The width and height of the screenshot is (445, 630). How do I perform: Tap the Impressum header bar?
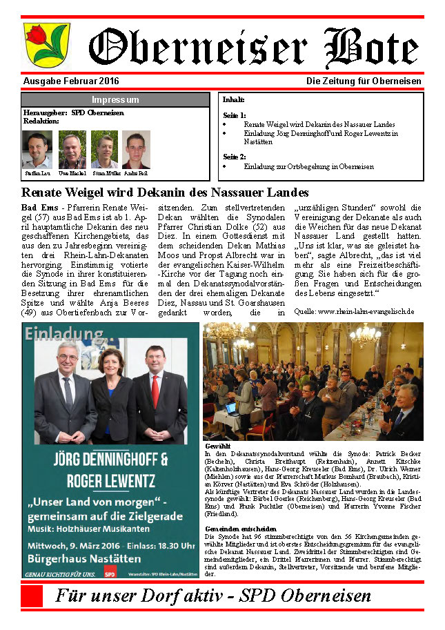[x=115, y=99]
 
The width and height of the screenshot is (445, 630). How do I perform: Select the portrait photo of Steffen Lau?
[x=37, y=150]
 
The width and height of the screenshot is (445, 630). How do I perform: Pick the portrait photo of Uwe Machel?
[x=72, y=150]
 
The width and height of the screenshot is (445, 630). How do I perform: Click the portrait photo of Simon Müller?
[x=104, y=150]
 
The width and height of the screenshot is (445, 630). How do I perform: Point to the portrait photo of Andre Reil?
[x=136, y=150]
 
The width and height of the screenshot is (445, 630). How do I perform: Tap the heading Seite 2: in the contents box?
[x=235, y=157]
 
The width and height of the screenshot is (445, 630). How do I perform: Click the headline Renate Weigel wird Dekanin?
[x=165, y=193]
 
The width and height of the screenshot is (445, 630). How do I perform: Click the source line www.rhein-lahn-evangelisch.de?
[x=354, y=311]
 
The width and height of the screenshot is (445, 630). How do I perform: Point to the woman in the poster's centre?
[x=110, y=390]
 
